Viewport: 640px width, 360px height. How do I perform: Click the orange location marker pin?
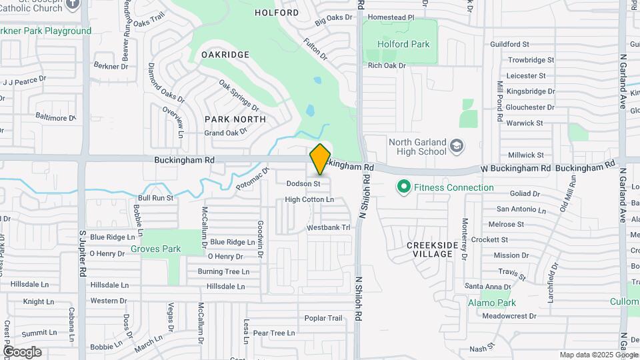321,159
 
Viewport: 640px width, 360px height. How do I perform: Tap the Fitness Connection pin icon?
403,187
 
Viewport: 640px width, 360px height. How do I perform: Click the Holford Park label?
403,45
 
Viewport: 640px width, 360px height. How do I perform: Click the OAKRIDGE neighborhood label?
225,55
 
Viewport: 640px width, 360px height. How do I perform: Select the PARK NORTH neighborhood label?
235,119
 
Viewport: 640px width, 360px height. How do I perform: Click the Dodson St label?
303,183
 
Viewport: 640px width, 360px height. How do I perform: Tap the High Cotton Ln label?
309,199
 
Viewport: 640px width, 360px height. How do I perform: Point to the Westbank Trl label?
328,228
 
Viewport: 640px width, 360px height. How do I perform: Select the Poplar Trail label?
323,318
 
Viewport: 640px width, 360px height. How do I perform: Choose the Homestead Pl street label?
391,17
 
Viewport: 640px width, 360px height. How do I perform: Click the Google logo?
22,352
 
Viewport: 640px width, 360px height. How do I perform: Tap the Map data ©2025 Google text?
599,355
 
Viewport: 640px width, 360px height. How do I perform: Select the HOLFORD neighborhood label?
277,13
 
